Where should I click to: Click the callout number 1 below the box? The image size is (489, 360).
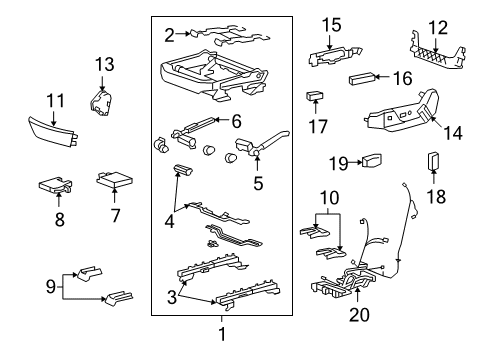coord(222,333)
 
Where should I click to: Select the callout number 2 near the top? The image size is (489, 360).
coord(170,34)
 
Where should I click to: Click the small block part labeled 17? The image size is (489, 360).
coord(315,97)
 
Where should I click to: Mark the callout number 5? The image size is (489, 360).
coord(258,184)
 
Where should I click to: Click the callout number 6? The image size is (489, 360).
coord(237,121)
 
